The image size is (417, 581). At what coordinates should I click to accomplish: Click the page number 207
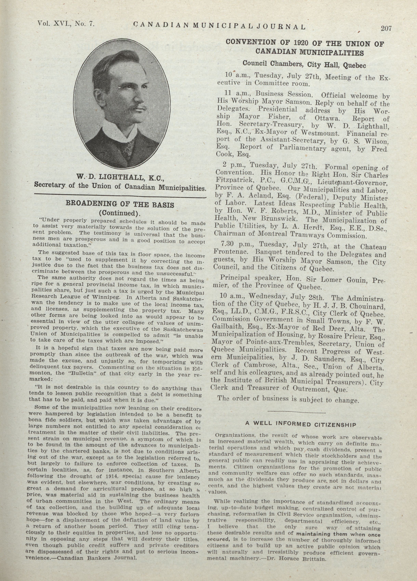386,28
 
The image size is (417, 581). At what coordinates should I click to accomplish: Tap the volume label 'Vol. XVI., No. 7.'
66,24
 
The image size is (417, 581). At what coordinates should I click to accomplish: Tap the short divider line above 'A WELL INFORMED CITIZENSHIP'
296,412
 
